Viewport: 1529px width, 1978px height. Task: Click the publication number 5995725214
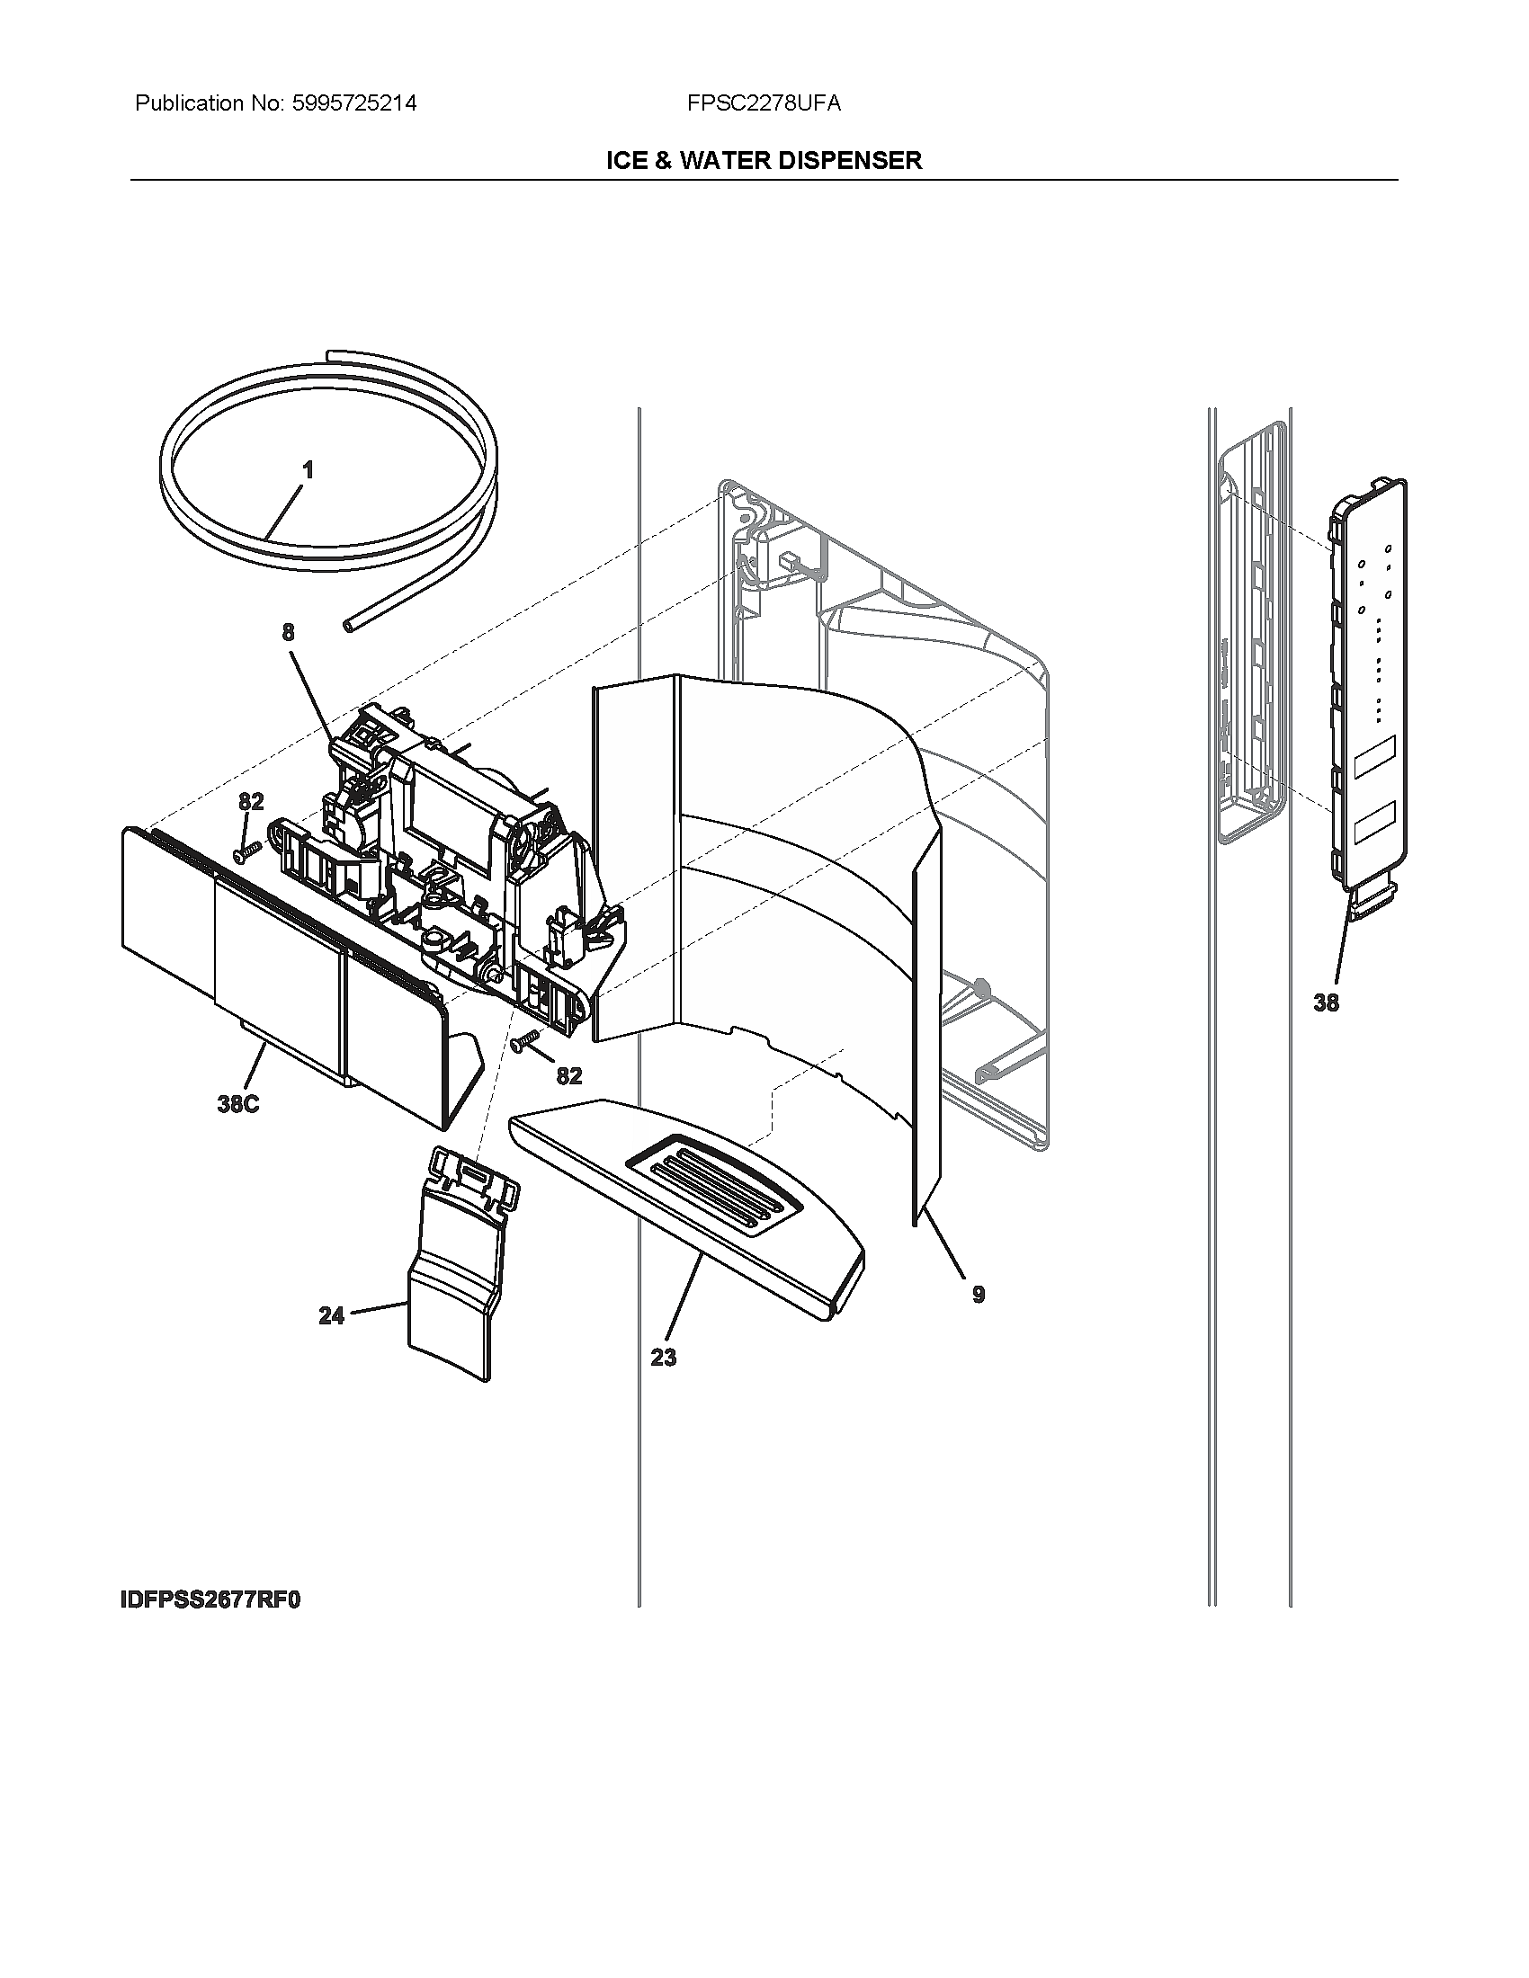353,103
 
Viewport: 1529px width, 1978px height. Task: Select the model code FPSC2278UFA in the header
764,103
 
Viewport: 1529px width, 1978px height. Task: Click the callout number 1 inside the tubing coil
308,470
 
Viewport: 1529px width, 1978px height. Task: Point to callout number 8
288,632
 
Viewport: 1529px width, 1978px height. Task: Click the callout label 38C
237,1104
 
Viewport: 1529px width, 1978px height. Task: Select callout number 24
332,1316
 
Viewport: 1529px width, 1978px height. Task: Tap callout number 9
979,1294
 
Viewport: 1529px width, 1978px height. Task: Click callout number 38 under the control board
1326,1002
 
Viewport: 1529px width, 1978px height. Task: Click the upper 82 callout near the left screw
251,801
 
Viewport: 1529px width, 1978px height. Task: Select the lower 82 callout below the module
568,1075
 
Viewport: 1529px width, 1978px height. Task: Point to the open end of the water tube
349,624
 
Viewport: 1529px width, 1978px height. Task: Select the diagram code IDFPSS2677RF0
210,1600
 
